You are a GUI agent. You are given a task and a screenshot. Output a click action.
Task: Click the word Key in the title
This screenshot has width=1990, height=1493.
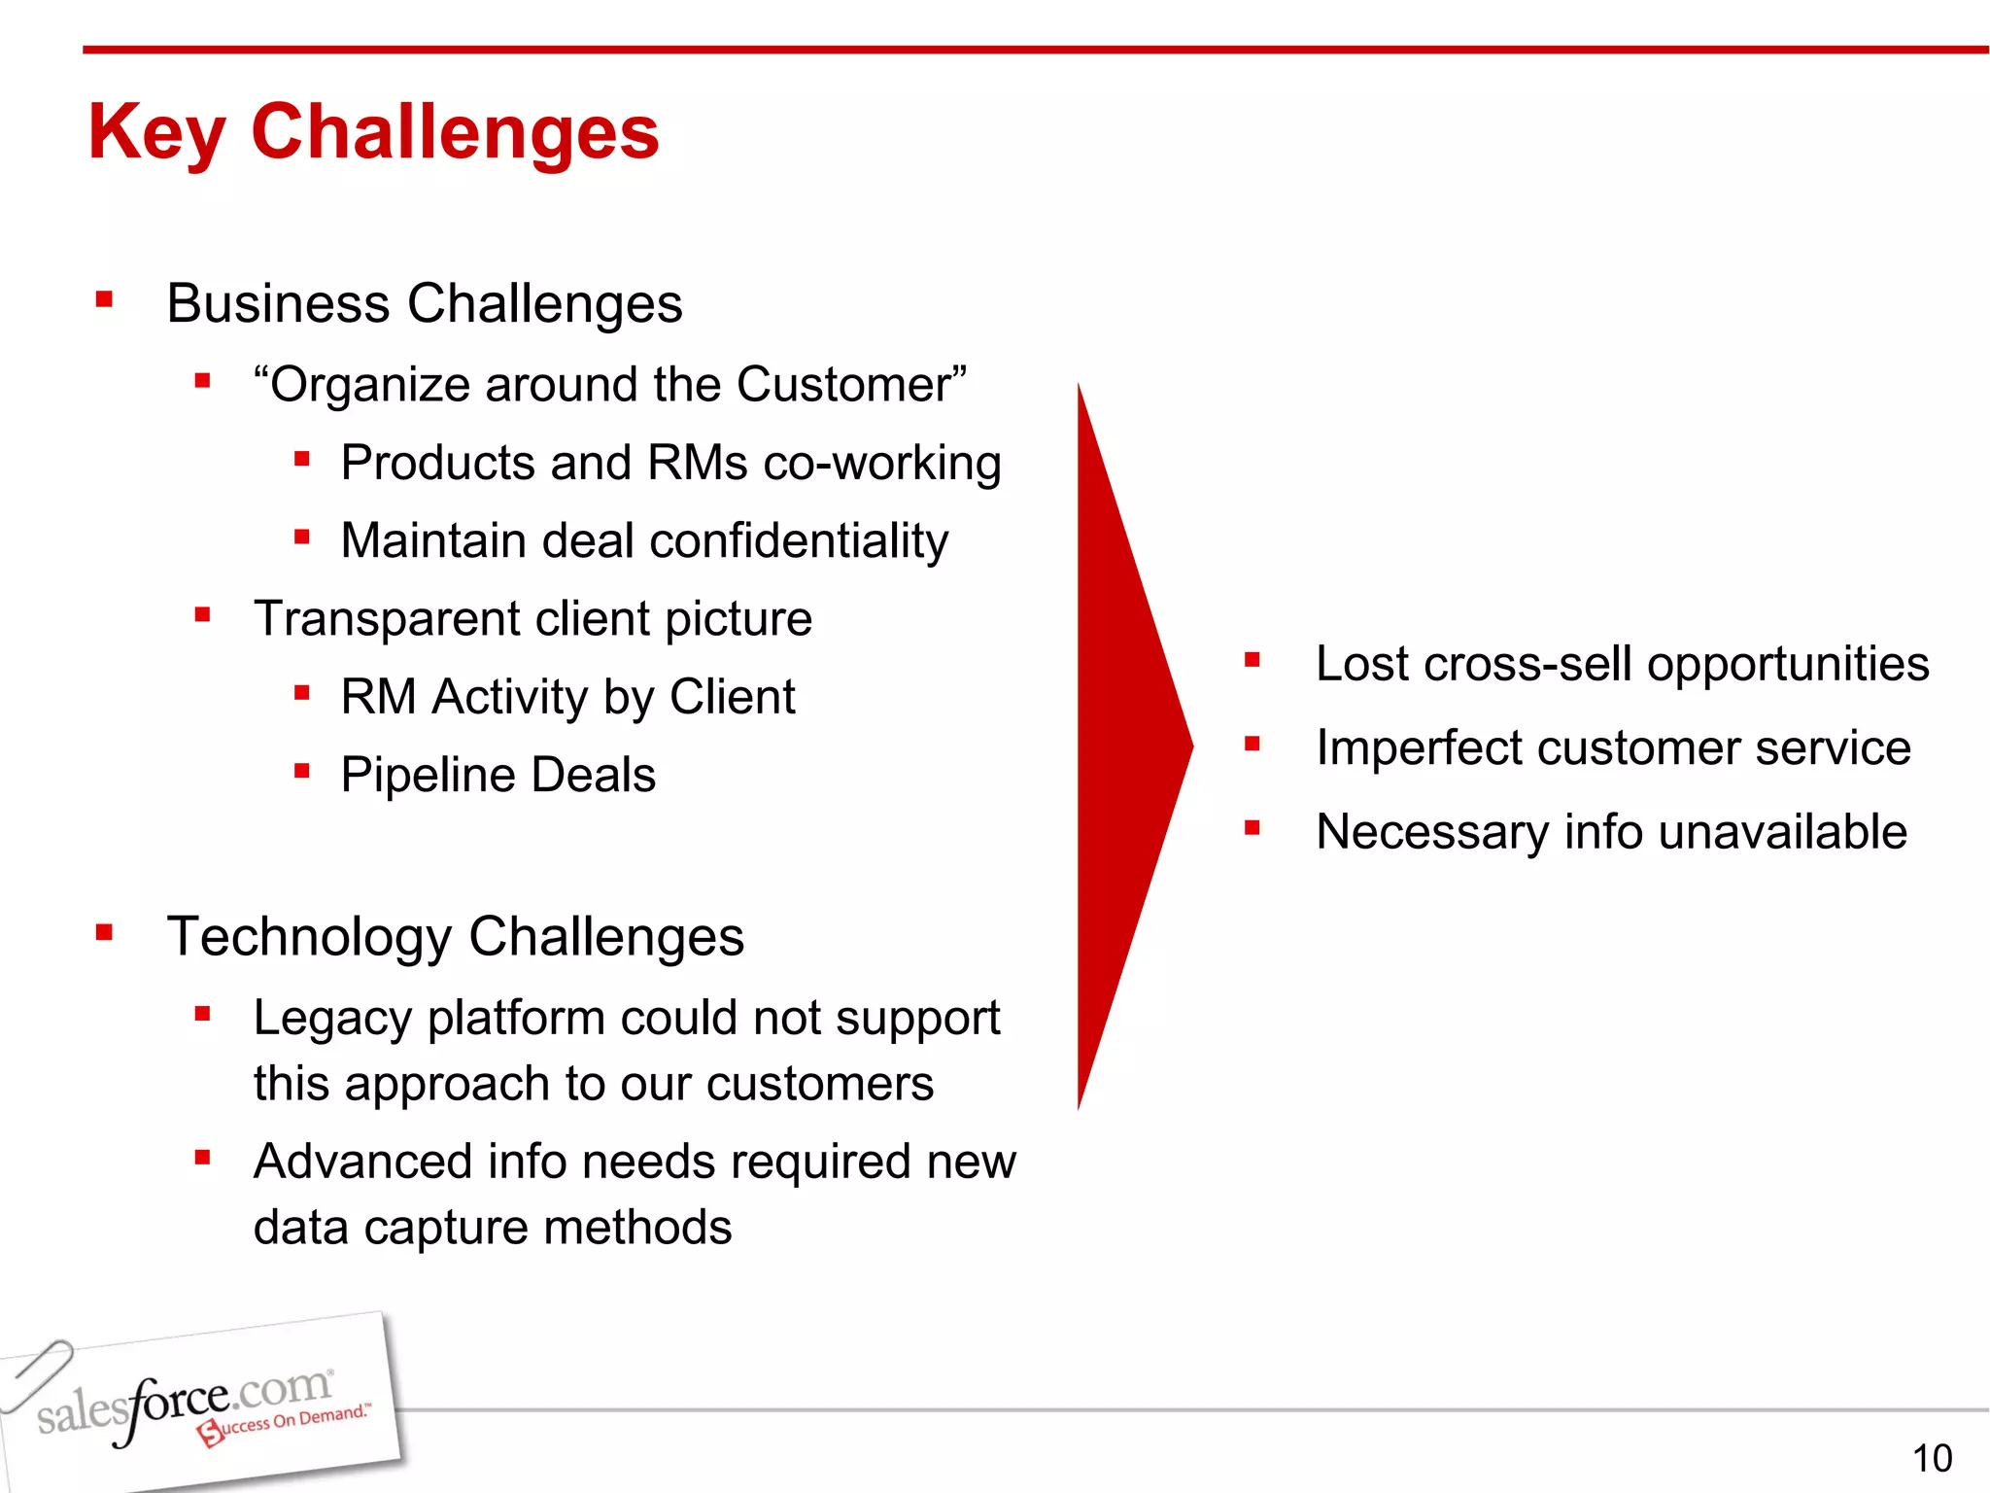[155, 134]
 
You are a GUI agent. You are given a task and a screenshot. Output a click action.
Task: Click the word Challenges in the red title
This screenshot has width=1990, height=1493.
[455, 132]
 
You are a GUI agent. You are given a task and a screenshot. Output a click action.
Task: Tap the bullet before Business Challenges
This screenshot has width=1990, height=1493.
[105, 299]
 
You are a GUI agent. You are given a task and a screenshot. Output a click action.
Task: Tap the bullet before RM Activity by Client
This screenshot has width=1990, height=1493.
[302, 693]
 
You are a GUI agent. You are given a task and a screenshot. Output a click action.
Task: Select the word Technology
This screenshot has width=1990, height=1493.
[309, 937]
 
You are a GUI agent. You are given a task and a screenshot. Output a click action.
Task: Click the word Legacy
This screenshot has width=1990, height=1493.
[333, 1019]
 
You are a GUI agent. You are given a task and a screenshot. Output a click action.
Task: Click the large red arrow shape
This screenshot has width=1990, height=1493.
[1127, 746]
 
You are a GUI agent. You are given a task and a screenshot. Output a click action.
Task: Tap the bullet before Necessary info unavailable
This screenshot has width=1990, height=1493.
[1252, 828]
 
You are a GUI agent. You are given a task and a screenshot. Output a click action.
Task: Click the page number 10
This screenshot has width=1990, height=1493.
[1932, 1458]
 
